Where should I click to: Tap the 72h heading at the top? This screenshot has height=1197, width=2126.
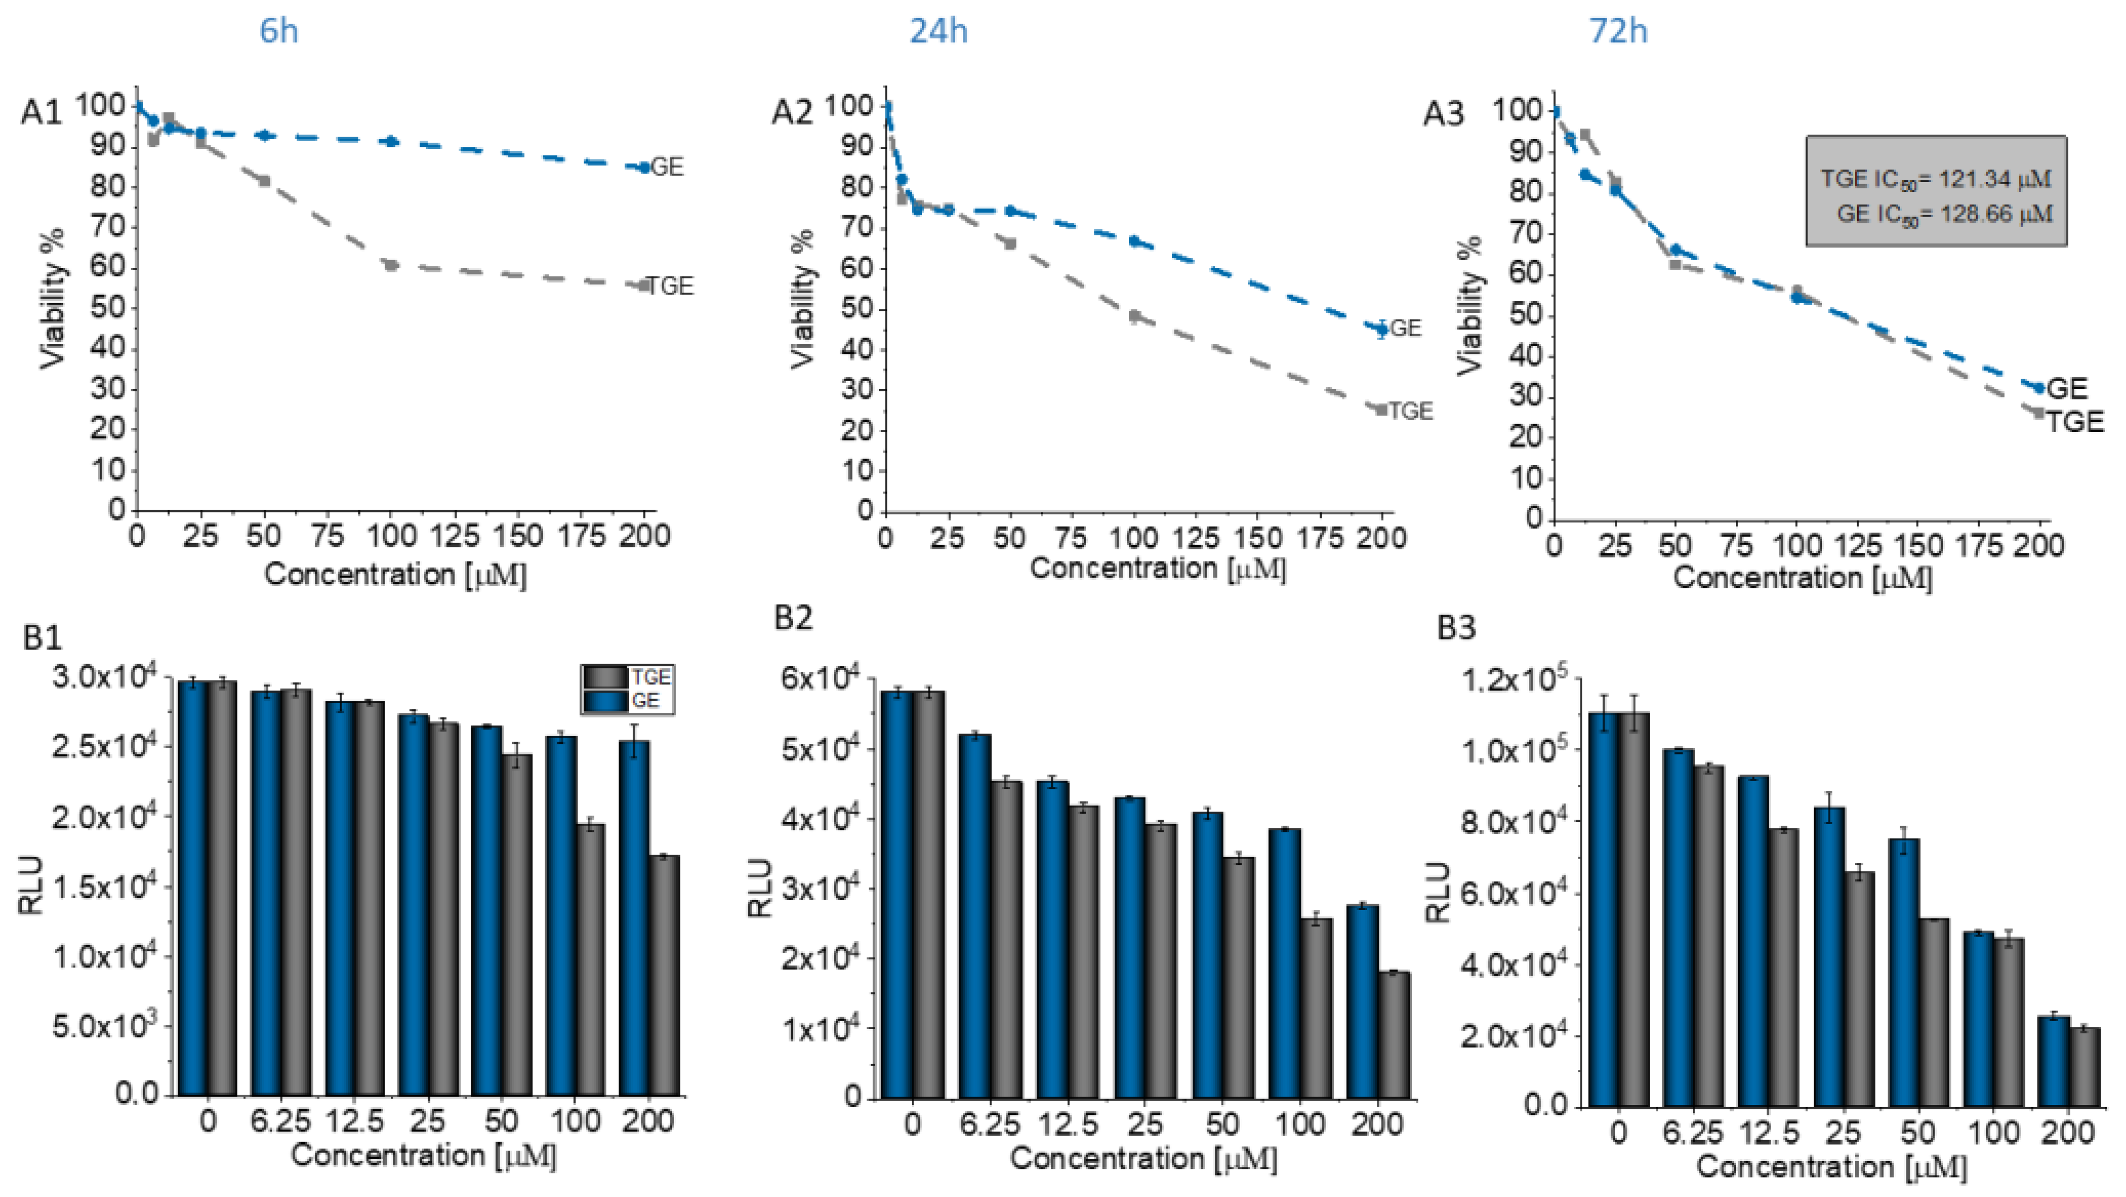coord(1618,31)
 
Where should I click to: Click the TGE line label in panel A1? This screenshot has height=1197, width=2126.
coord(670,286)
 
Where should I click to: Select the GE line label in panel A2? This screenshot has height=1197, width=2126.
coord(1406,328)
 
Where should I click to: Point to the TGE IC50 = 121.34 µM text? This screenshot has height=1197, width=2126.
coord(1936,178)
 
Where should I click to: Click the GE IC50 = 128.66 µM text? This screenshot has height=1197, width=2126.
coord(1944,215)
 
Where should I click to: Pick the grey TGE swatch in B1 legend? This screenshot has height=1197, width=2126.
coord(605,677)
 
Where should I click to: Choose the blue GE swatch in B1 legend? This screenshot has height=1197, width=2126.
coord(605,701)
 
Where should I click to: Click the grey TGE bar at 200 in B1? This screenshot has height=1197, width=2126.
coord(664,976)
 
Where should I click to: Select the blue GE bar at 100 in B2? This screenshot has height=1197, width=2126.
coord(1284,963)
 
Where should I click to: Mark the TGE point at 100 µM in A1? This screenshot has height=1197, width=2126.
coord(391,265)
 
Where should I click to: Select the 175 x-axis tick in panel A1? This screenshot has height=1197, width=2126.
coord(582,537)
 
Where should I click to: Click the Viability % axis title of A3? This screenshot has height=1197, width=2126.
coord(1470,306)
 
